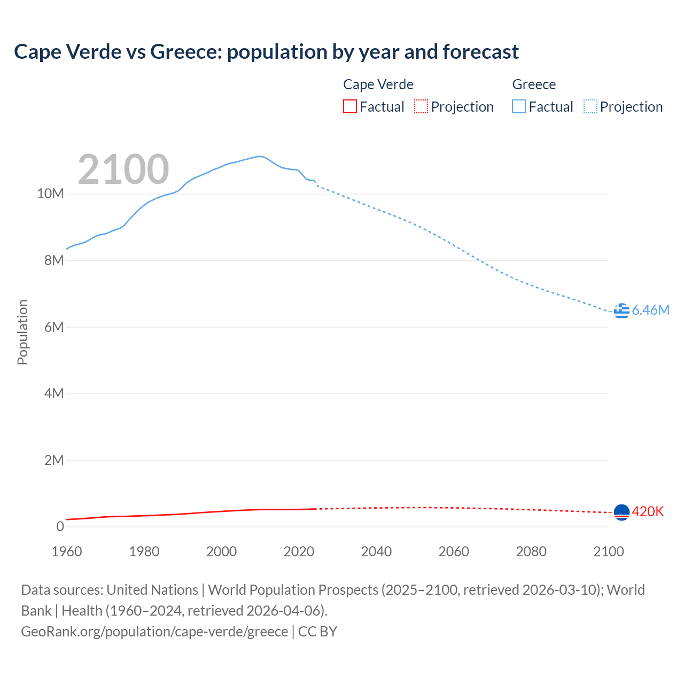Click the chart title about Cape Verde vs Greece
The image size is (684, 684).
(x=266, y=52)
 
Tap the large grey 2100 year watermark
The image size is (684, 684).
(x=123, y=169)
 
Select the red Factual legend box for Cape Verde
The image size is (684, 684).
(x=349, y=106)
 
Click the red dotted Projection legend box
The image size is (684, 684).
(x=421, y=106)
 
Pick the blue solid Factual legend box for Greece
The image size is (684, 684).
(x=518, y=106)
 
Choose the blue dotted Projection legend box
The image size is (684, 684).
(x=590, y=106)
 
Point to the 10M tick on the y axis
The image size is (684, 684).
(x=50, y=193)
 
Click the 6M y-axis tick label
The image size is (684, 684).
(x=53, y=327)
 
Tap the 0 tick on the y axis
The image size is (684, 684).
(x=60, y=526)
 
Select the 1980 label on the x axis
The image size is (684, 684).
(x=144, y=551)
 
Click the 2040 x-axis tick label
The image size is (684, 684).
(x=376, y=551)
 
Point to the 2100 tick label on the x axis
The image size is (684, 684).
(x=608, y=551)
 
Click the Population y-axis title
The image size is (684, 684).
(x=22, y=332)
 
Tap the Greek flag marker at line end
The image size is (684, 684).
(x=621, y=310)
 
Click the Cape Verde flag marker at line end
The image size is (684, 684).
(x=621, y=512)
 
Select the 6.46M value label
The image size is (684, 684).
(x=650, y=310)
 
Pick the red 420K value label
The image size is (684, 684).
(x=648, y=511)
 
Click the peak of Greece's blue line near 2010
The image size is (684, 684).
(x=260, y=156)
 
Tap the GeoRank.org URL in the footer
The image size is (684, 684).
(x=154, y=631)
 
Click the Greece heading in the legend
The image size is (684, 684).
(x=534, y=84)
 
